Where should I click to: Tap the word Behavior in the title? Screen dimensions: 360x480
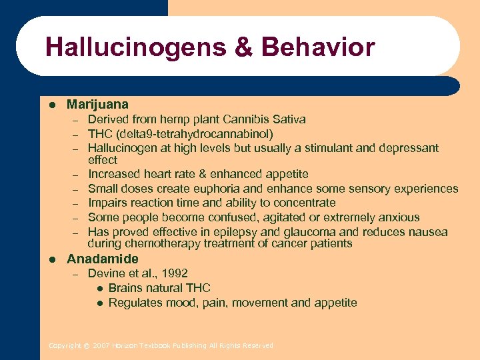[318, 47]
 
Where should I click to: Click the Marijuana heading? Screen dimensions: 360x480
[97, 105]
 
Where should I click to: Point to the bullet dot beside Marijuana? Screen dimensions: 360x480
[51, 105]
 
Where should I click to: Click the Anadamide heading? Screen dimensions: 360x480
[103, 259]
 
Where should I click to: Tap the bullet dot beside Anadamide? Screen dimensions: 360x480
[51, 259]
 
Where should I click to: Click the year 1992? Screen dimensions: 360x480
[174, 273]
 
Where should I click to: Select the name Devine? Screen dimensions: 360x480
[106, 273]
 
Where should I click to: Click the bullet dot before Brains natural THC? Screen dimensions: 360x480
[99, 288]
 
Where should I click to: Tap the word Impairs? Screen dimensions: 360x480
[109, 203]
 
